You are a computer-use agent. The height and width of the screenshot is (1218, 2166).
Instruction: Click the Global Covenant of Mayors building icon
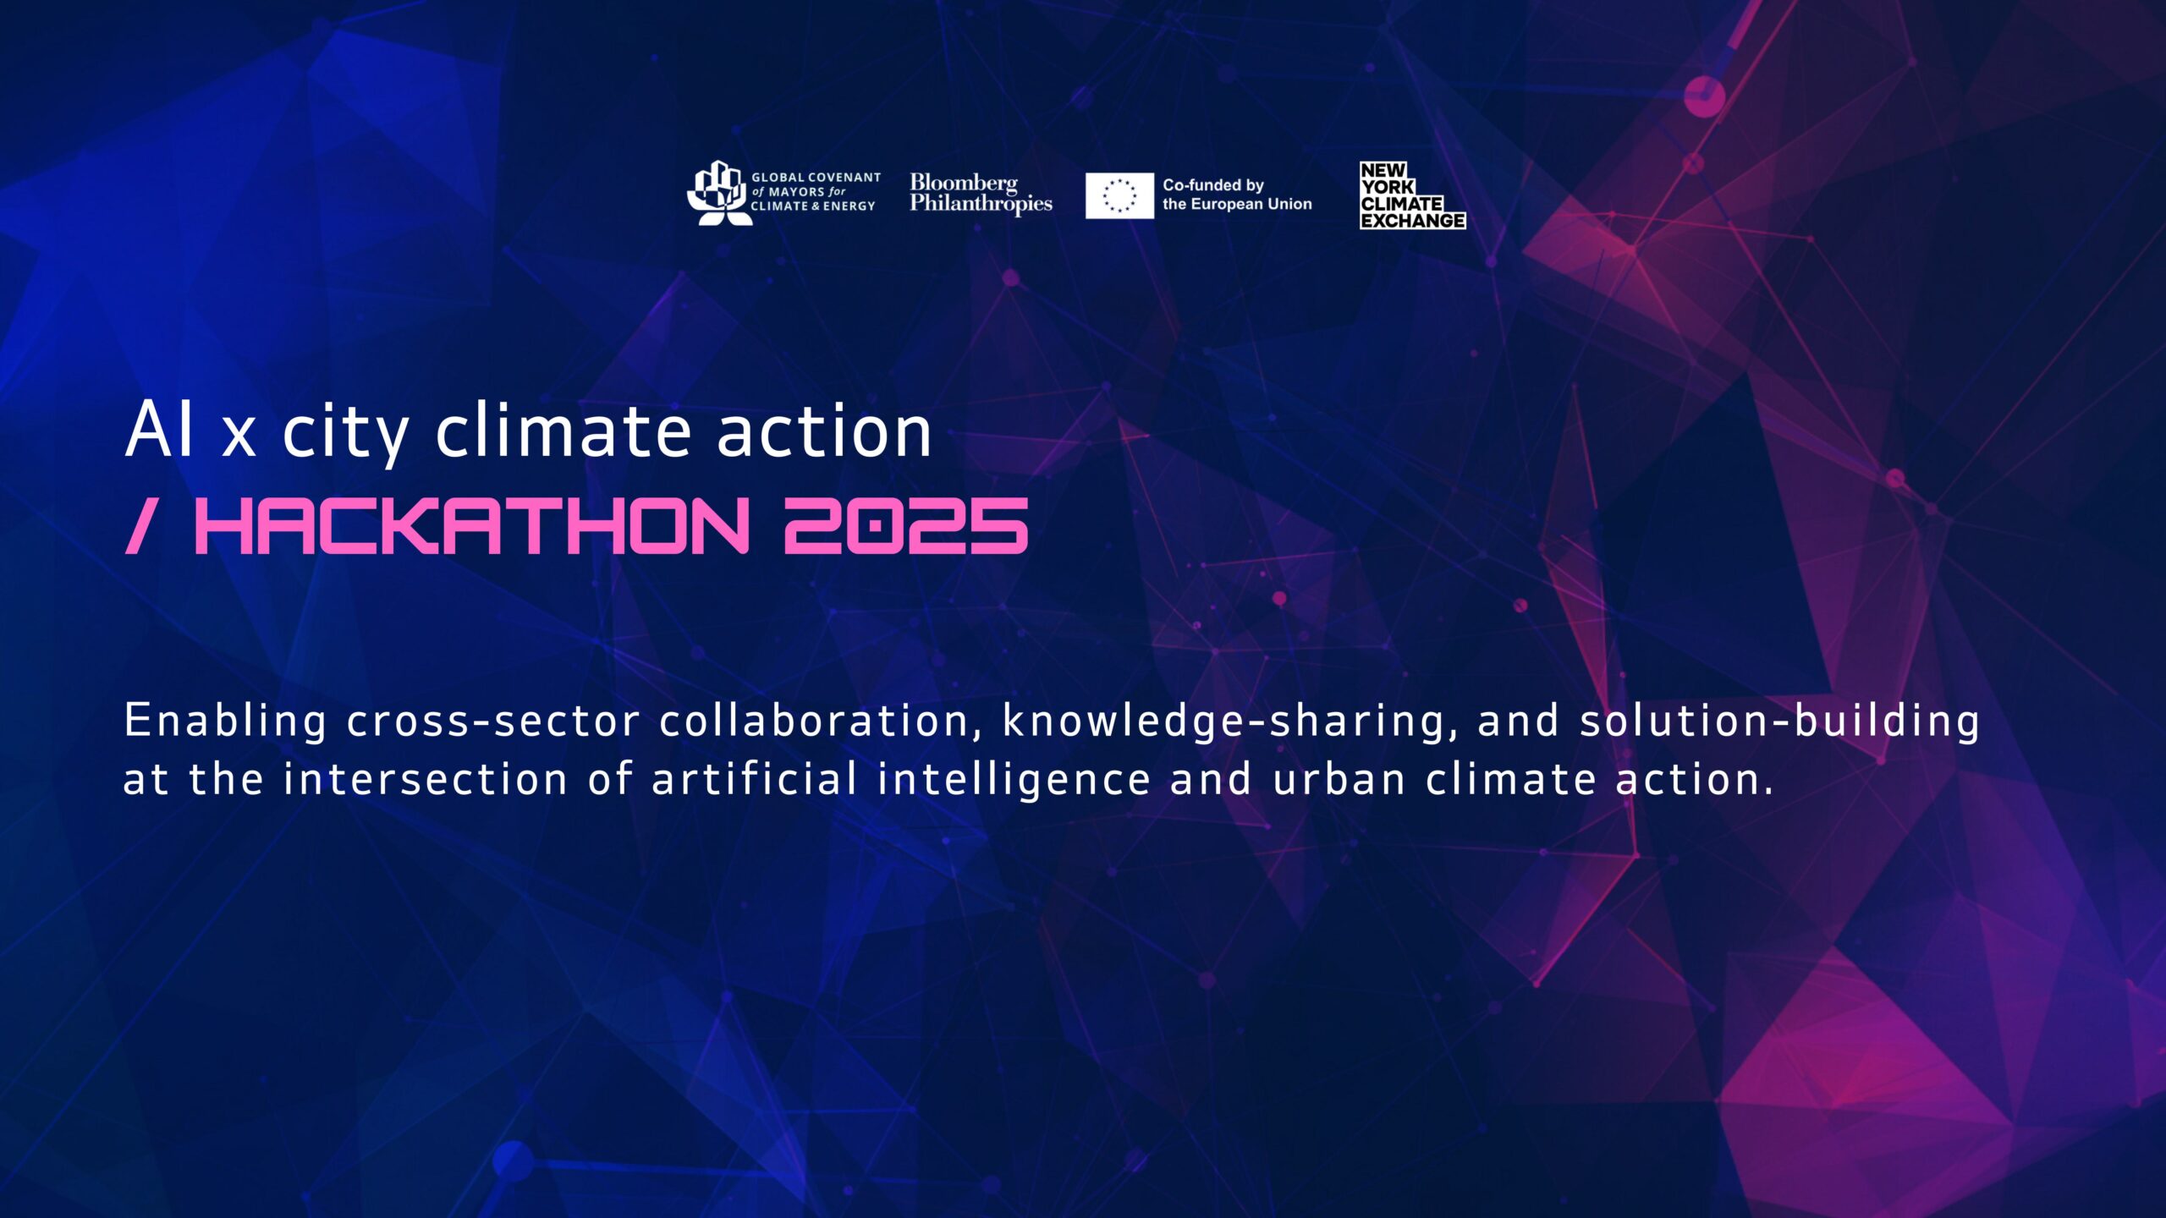coord(718,193)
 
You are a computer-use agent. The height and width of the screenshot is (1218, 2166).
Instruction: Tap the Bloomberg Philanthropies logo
coord(981,194)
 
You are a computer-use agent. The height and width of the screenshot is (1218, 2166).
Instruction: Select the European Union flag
coord(1119,195)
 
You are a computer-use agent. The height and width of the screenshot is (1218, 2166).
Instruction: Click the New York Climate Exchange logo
coord(1412,195)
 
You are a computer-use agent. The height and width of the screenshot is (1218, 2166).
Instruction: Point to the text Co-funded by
coord(1212,185)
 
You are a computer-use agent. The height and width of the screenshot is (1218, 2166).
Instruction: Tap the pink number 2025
coord(905,525)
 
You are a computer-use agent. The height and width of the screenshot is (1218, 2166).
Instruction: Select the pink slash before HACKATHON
coord(140,525)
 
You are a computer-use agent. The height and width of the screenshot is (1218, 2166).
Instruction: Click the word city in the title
coord(345,433)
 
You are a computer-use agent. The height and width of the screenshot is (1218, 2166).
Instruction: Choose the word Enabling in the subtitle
coord(225,721)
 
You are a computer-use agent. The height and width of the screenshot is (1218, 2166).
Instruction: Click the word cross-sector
coord(493,721)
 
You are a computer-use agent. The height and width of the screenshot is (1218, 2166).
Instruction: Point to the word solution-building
coord(1779,721)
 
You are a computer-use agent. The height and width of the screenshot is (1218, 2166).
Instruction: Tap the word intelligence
coord(1014,780)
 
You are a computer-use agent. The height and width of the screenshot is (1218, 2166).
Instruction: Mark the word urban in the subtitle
coord(1339,778)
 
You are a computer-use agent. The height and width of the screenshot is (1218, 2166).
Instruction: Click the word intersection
coord(425,778)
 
